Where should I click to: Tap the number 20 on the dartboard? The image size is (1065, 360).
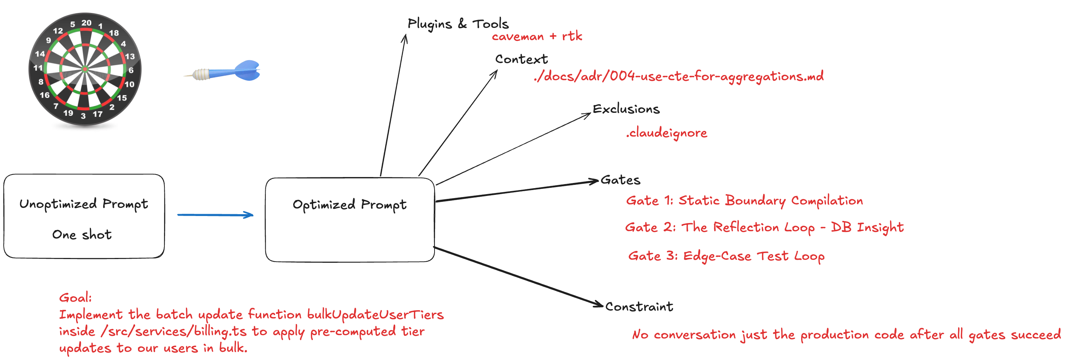click(86, 23)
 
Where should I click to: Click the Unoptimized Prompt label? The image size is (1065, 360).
click(83, 204)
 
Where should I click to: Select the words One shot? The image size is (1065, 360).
click(82, 234)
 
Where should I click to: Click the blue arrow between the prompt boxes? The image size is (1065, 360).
click(215, 215)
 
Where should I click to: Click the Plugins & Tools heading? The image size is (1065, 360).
click(458, 24)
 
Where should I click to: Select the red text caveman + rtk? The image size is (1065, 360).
click(537, 36)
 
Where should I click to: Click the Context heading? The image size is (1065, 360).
click(521, 59)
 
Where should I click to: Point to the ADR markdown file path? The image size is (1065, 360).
click(678, 76)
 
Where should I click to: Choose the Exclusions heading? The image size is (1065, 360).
click(626, 109)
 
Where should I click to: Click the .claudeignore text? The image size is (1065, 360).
click(666, 132)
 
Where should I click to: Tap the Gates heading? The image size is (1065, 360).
click(620, 180)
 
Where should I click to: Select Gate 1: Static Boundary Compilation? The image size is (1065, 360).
click(744, 200)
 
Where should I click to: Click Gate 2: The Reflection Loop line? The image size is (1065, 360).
click(764, 228)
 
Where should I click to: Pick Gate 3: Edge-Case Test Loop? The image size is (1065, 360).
click(726, 256)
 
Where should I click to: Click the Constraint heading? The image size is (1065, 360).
click(639, 307)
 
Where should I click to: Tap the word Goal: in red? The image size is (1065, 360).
click(75, 298)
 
